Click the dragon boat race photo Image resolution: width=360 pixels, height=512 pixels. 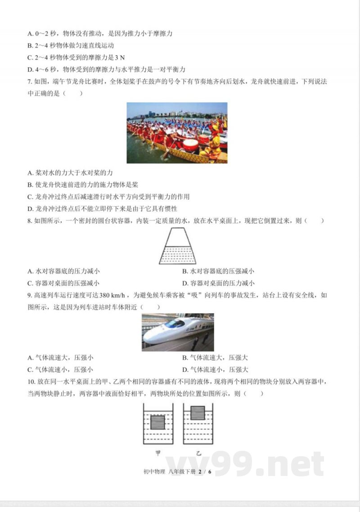(x=177, y=133)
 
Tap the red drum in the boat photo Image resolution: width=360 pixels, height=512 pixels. (x=190, y=145)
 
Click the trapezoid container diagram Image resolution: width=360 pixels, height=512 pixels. (x=178, y=246)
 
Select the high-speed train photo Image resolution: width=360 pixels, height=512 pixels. (x=178, y=332)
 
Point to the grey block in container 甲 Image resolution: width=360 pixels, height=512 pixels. (x=157, y=422)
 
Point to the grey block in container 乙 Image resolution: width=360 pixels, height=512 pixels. (x=198, y=412)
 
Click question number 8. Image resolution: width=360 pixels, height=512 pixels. (x=30, y=221)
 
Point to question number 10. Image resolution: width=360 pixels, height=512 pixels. (x=31, y=382)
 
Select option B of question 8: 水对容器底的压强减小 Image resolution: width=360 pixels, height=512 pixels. (x=218, y=271)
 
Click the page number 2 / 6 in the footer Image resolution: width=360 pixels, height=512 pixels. (x=204, y=471)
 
